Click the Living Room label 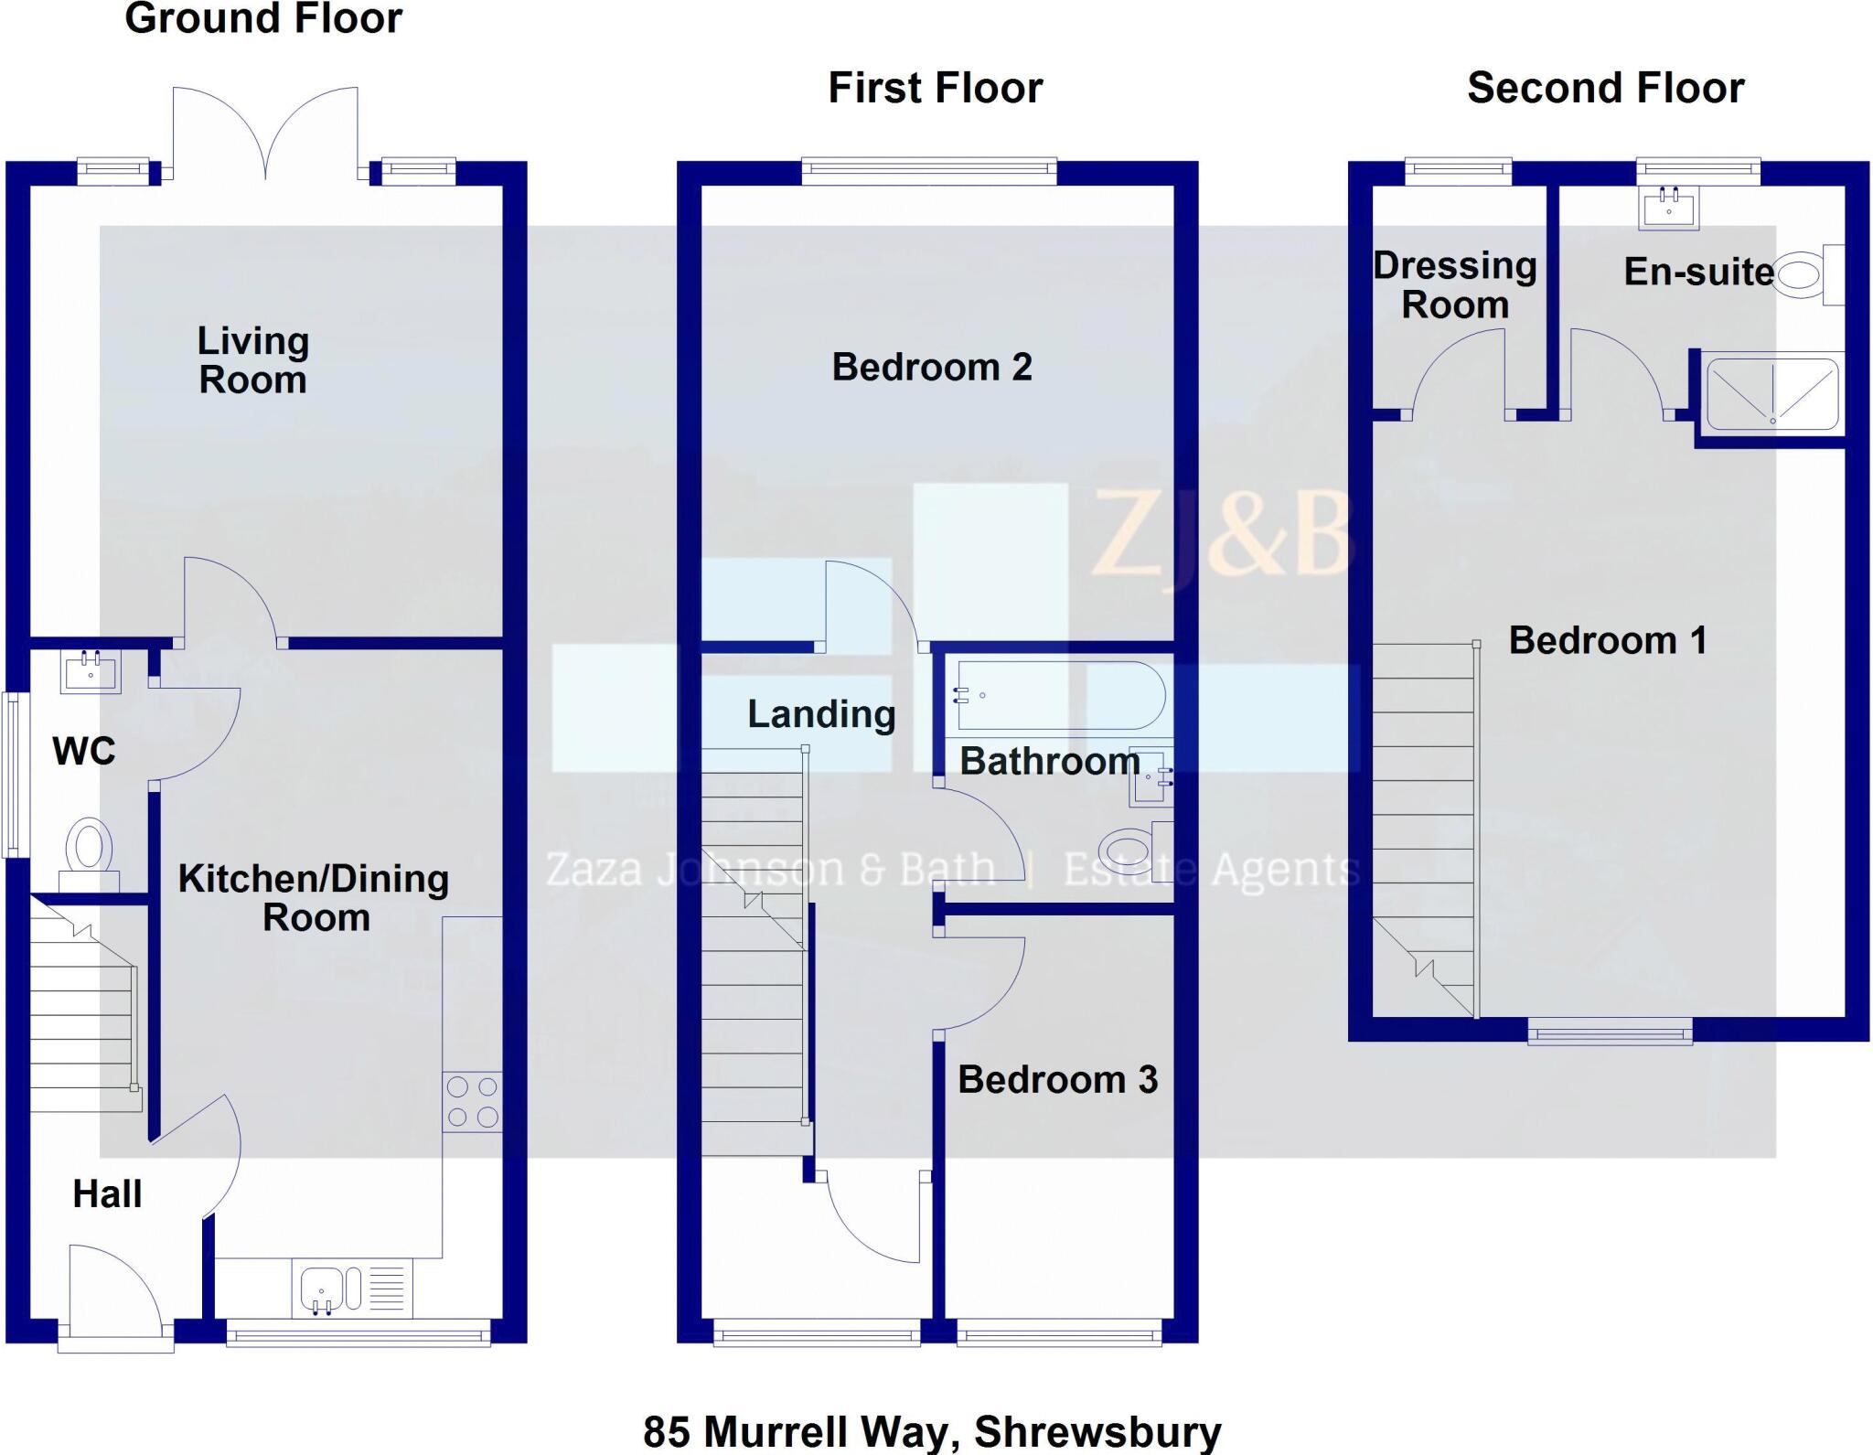253,360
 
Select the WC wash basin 91,671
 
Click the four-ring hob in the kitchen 472,1102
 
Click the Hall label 107,1194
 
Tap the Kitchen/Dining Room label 314,897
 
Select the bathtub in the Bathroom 1059,696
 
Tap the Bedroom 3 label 1057,1080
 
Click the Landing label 821,714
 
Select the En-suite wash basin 1668,208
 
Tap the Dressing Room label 1454,284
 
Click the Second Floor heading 1605,89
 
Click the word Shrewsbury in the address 1097,1431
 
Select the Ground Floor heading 263,18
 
